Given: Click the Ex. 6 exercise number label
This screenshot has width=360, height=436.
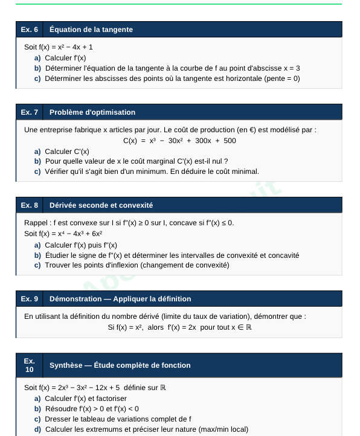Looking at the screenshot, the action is (x=29, y=30).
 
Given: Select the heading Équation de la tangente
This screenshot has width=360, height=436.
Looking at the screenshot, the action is (x=91, y=30).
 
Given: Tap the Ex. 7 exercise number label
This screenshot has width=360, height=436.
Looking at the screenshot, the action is (x=29, y=112).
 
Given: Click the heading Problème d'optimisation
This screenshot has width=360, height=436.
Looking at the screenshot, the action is (x=92, y=112).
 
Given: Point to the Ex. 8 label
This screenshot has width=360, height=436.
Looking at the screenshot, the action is (x=29, y=205).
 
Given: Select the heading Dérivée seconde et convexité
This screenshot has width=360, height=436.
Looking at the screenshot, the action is (x=101, y=205).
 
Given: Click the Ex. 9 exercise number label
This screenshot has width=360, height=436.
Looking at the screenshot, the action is (x=29, y=299).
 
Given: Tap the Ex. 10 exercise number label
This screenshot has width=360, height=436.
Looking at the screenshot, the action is (x=30, y=365).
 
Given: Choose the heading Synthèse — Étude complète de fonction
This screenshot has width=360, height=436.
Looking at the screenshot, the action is (x=120, y=365).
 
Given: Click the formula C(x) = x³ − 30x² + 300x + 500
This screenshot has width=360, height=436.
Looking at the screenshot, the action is (x=179, y=141).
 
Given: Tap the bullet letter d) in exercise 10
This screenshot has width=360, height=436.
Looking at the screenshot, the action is (x=38, y=429).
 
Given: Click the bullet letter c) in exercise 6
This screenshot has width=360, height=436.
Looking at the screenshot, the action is (x=38, y=79).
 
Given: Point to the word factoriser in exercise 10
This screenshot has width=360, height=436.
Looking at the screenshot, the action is (x=110, y=398).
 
